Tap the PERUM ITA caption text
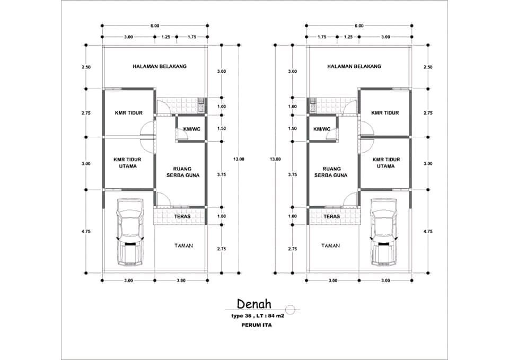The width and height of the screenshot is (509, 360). [257, 324]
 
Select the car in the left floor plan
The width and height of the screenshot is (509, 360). [130, 232]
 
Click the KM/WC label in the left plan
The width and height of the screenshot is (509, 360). [192, 129]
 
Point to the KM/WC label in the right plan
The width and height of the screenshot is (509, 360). [322, 129]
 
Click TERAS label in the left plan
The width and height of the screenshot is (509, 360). [182, 216]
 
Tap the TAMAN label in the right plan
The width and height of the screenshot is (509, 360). [330, 245]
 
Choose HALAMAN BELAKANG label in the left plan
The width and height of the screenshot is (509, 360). [160, 66]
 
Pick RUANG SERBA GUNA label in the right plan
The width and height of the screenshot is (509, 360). [330, 172]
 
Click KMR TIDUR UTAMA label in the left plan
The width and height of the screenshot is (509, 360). [127, 163]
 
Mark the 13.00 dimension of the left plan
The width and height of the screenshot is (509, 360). [239, 159]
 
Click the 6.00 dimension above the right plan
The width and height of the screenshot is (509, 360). [359, 25]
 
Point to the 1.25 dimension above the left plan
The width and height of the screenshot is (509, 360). [165, 37]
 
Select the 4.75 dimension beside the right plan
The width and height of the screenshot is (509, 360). [428, 232]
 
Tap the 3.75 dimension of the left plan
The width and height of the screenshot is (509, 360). [222, 174]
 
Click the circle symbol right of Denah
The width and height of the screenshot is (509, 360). [290, 310]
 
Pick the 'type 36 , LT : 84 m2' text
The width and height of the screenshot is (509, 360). [258, 316]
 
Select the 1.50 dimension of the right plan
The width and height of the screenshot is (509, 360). [293, 128]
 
